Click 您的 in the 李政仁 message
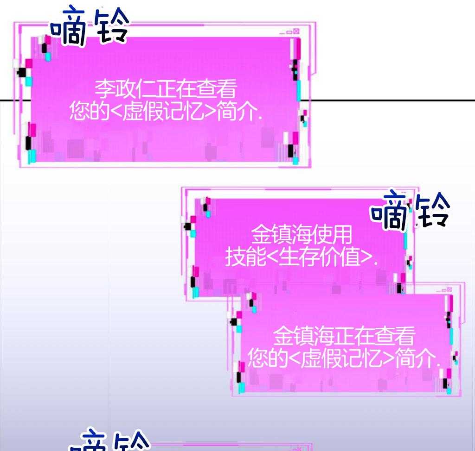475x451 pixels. pyautogui.click(x=89, y=111)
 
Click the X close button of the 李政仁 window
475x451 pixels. pyautogui.click(x=296, y=31)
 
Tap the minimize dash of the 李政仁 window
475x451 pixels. pyautogui.click(x=282, y=33)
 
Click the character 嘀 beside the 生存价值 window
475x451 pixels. pyautogui.click(x=389, y=211)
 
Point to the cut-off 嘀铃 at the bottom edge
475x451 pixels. pyautogui.click(x=109, y=440)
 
